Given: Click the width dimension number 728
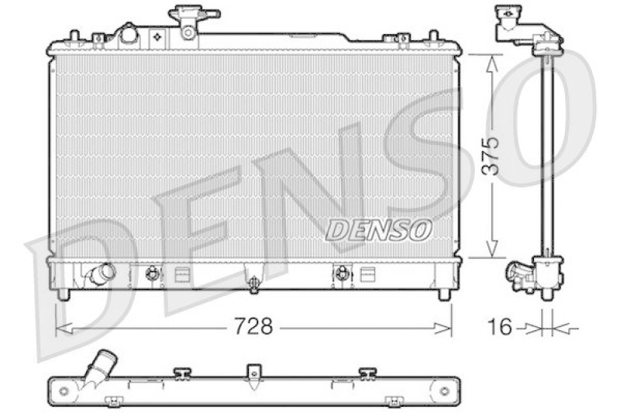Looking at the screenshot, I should click(254, 327).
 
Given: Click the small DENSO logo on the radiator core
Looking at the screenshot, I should click(378, 229).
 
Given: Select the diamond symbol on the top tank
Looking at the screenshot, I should click(157, 36).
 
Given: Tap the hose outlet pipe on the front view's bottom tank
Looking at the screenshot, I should click(101, 273).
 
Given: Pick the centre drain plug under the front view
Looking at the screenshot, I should click(253, 284).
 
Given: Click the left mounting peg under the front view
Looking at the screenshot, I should click(64, 294).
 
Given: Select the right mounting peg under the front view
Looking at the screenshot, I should click(444, 294).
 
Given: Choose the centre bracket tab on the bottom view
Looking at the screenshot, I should click(253, 373).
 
